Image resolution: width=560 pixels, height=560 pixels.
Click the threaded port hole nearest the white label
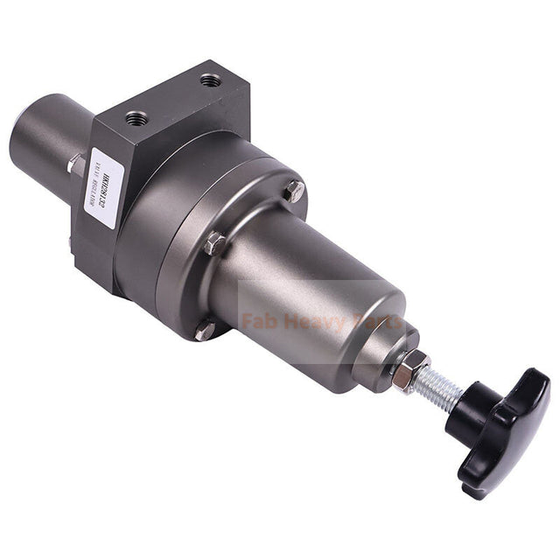136,117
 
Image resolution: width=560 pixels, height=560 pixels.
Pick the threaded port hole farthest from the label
210,80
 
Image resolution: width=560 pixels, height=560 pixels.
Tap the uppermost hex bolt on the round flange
295,190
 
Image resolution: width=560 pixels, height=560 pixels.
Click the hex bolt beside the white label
76,164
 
